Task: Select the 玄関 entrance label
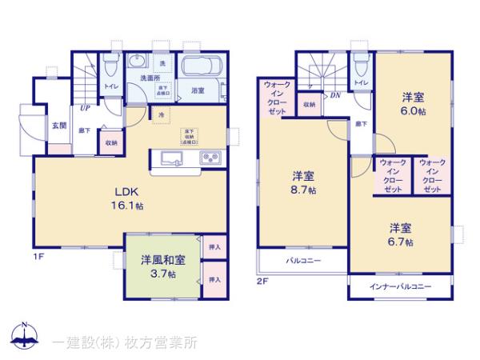tap(60, 125)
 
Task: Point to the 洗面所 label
tap(150, 78)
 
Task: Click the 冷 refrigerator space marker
tap(161, 115)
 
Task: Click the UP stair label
tap(84, 109)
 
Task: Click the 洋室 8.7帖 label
tap(302, 182)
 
